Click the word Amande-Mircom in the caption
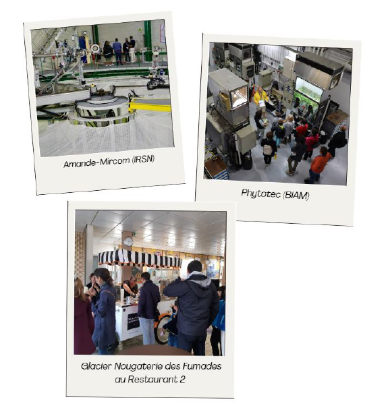click(96, 162)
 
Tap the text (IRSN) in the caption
click(144, 159)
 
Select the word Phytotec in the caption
click(261, 194)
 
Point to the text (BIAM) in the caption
click(296, 196)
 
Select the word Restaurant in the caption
click(152, 380)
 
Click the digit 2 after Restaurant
click(182, 380)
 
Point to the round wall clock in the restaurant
click(128, 241)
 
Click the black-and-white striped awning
click(140, 258)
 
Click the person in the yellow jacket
click(260, 97)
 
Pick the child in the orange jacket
click(318, 165)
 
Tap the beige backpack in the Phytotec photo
click(267, 150)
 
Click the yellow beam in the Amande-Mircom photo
click(150, 107)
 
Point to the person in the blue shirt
click(117, 51)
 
